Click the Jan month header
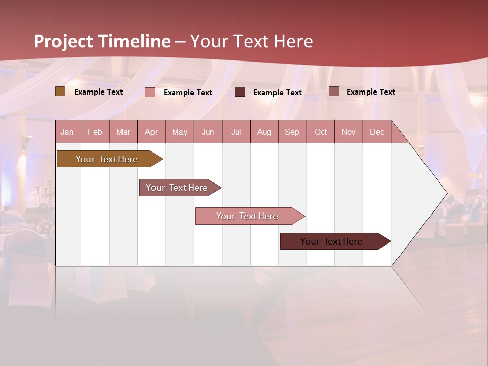pos(68,132)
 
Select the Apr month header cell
pos(151,132)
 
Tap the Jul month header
pos(236,132)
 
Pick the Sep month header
pos(292,132)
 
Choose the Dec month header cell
pos(377,132)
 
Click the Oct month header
pos(321,132)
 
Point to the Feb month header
pos(95,132)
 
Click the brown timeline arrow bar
pos(107,159)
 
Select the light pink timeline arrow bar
pos(248,216)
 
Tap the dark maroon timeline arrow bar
pos(332,241)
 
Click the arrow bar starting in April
pos(177,188)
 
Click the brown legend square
pos(60,91)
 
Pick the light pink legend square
pos(150,92)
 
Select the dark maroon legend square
pos(240,92)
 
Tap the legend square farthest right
pos(333,91)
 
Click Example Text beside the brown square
pos(99,92)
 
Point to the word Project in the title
pos(64,41)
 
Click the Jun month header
pos(208,132)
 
